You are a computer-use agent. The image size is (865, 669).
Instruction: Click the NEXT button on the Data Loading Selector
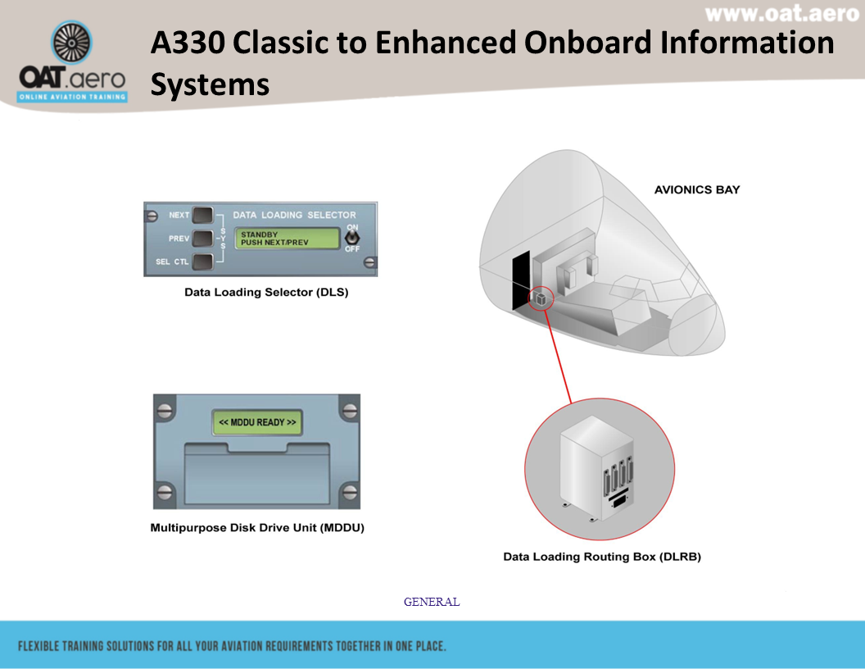[x=202, y=216]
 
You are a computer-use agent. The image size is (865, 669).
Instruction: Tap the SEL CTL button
[x=202, y=262]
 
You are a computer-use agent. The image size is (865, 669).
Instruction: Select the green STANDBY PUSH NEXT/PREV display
[x=288, y=239]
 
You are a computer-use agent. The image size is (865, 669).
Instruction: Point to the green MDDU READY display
[x=257, y=422]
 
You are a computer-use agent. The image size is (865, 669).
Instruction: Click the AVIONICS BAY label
[x=696, y=189]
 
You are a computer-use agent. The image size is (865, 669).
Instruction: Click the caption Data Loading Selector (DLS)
[x=266, y=292]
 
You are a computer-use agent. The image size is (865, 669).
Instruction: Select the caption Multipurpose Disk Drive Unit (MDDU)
[x=257, y=528]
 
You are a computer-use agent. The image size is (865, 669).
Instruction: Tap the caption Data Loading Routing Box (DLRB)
[x=602, y=557]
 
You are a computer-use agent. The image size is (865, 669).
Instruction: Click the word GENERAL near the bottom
[x=432, y=602]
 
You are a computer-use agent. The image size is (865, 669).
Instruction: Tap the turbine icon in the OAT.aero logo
[x=72, y=43]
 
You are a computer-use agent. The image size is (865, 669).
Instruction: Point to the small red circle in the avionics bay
[x=541, y=300]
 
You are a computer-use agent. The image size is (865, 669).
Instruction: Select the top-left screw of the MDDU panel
[x=165, y=407]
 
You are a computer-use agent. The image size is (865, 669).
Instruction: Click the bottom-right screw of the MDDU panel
[x=350, y=493]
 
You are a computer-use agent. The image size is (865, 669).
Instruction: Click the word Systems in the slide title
[x=210, y=84]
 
